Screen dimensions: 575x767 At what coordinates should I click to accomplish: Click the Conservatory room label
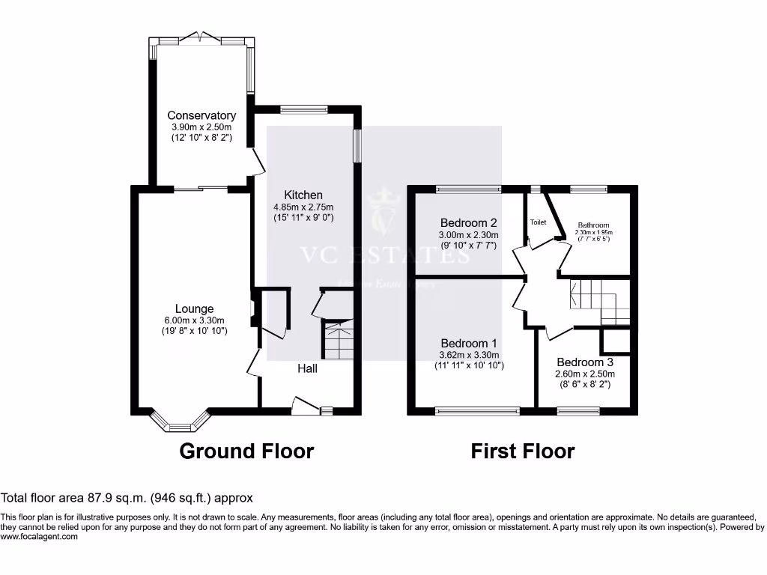(201, 115)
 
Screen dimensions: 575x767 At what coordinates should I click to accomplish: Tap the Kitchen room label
(303, 195)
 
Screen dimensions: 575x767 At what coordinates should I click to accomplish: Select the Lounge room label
(195, 308)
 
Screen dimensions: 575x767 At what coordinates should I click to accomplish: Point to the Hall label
(308, 368)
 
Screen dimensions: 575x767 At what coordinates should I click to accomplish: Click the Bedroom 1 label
(469, 344)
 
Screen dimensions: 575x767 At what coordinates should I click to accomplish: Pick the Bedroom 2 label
(469, 222)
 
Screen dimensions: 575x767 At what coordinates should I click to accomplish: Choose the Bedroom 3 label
(585, 362)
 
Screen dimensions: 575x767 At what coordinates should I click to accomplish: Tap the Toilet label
(539, 222)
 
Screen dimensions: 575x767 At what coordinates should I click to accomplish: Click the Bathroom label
(592, 225)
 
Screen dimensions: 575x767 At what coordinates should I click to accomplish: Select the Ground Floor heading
(246, 451)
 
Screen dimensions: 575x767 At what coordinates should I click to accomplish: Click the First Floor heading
(523, 451)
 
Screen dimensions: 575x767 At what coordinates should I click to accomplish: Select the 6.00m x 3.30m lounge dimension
(195, 320)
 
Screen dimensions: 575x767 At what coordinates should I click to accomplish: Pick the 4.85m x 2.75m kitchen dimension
(303, 207)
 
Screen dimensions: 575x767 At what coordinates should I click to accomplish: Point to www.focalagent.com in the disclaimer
(39, 536)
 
